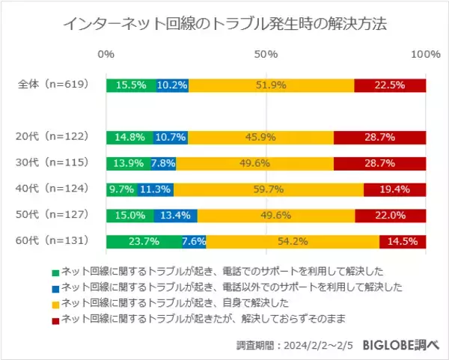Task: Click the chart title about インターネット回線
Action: coord(224,24)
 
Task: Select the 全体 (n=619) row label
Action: coord(53,85)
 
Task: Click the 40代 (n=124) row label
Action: coord(53,189)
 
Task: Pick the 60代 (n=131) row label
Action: coord(53,241)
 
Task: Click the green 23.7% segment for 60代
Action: coord(144,241)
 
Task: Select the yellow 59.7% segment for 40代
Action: coord(269,189)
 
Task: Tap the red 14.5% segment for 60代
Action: coord(403,241)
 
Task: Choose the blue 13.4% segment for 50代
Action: coord(176,216)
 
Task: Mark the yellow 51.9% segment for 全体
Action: coord(271,85)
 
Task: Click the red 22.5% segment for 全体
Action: coord(390,85)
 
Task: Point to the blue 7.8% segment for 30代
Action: coord(163,163)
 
